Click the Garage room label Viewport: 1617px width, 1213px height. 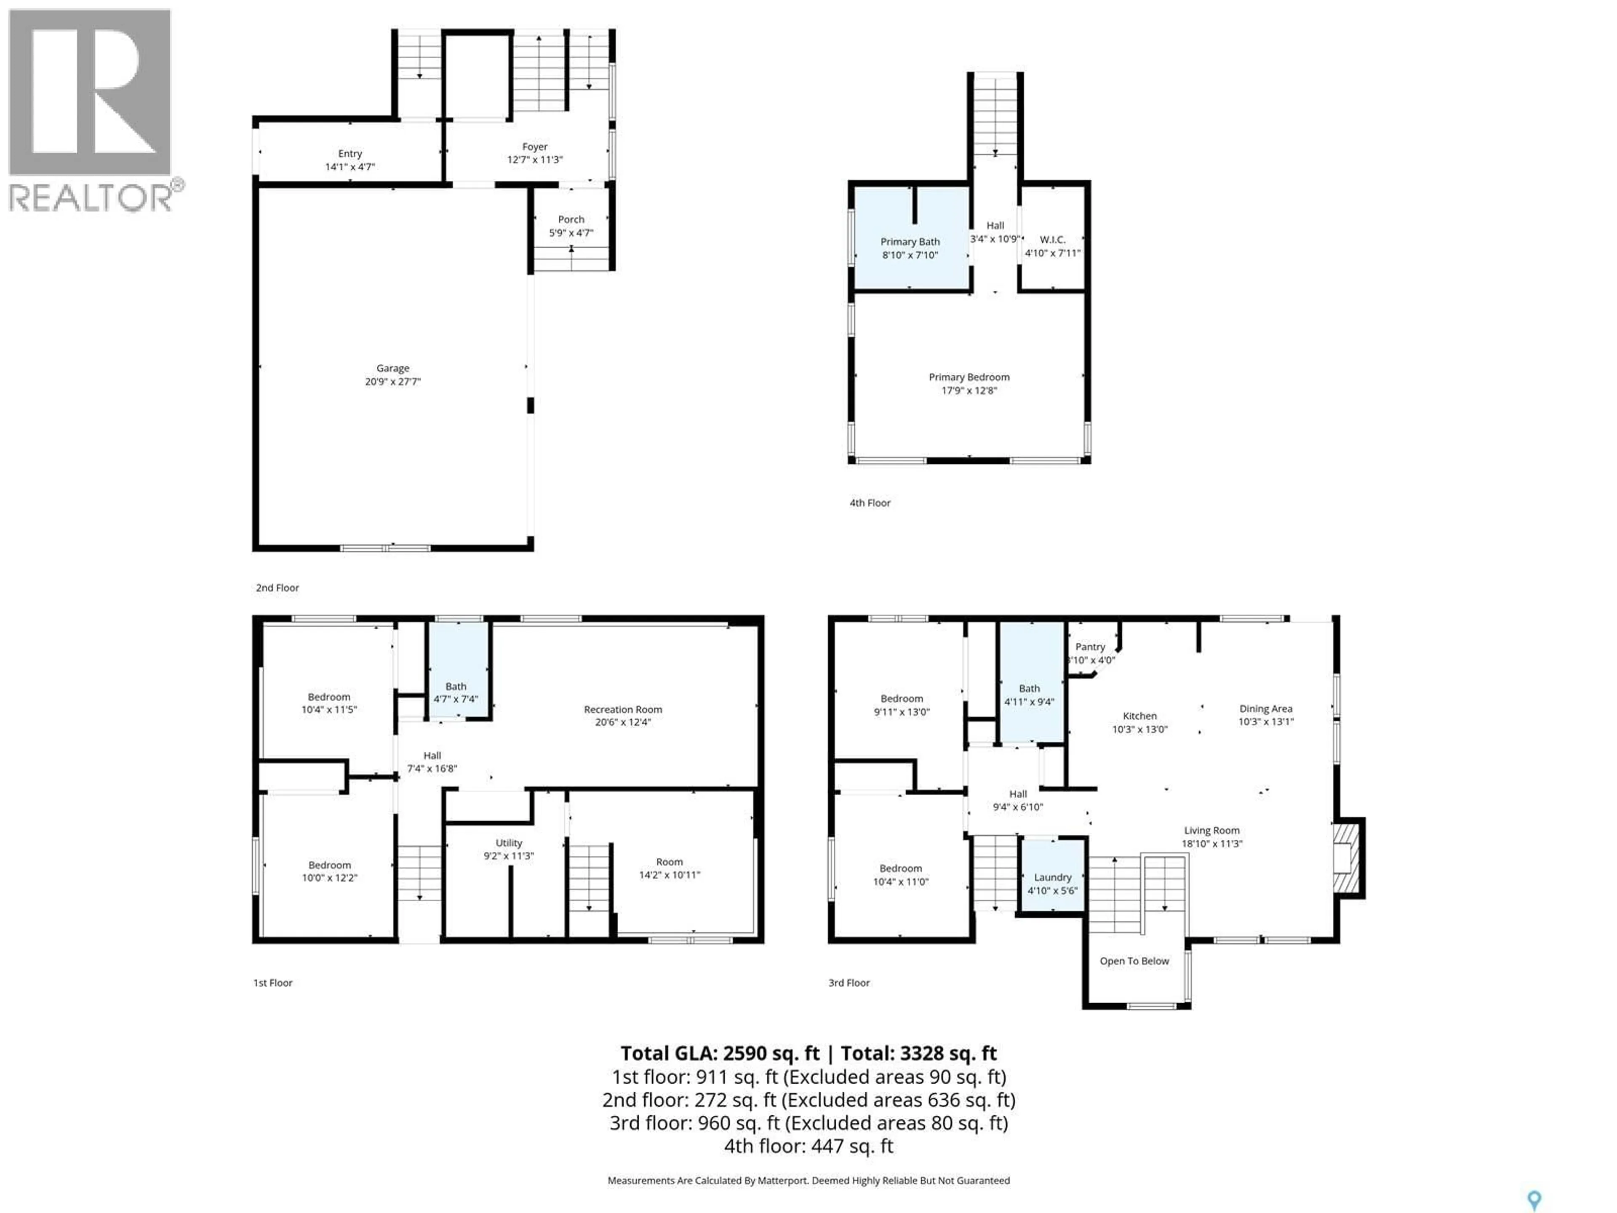pos(392,369)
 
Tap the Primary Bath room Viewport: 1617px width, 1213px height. pos(910,248)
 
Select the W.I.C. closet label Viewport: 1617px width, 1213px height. pos(1052,240)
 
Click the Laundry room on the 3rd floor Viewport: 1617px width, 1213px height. pos(1052,883)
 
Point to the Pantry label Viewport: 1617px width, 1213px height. pos(1090,647)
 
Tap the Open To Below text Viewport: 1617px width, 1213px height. pos(1134,961)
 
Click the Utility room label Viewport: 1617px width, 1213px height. pos(509,843)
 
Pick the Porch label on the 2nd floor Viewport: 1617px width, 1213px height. pos(571,219)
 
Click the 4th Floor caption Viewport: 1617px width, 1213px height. pos(870,503)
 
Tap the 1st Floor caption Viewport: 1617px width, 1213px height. pos(273,983)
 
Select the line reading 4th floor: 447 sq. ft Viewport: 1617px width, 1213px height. pos(808,1146)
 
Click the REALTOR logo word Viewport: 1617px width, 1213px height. pos(91,198)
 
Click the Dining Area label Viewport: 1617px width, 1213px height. pos(1265,708)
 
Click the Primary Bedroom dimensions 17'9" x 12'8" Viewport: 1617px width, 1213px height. pos(969,390)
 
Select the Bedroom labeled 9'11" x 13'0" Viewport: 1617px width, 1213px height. pos(901,705)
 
